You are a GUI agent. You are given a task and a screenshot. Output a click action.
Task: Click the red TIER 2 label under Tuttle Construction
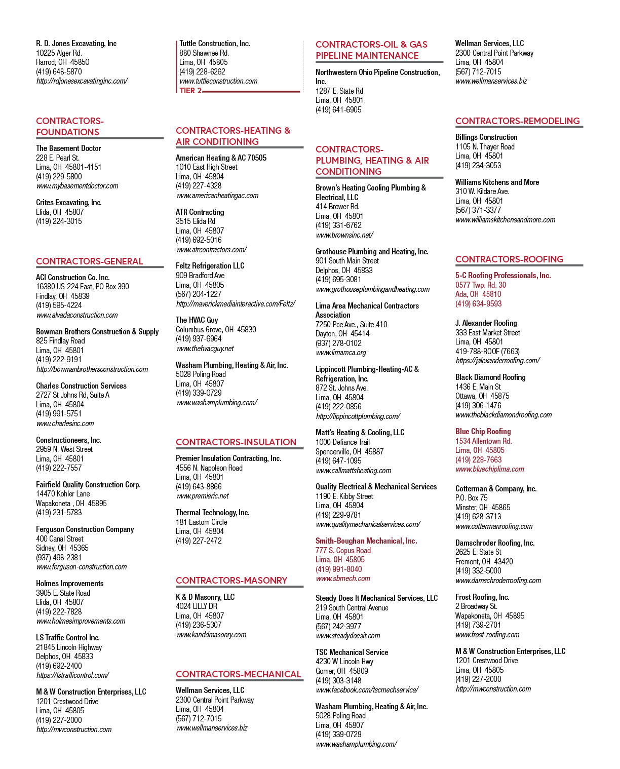[190, 91]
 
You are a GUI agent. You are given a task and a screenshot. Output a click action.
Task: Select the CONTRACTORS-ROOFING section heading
[509, 259]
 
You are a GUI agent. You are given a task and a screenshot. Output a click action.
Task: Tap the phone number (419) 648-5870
[59, 72]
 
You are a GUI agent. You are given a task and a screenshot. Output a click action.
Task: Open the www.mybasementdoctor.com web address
[77, 186]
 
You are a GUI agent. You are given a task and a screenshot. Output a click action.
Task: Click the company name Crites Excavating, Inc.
[68, 203]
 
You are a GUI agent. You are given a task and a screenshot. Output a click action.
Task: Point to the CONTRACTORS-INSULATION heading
[236, 442]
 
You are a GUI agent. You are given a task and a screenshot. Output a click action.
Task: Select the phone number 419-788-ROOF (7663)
[487, 351]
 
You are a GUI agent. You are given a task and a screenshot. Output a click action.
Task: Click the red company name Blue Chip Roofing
[483, 431]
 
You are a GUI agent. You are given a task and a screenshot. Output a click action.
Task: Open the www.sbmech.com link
[343, 579]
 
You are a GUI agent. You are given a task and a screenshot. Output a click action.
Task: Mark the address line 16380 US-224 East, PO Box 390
[82, 287]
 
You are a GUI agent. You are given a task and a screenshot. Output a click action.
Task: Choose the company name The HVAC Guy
[197, 320]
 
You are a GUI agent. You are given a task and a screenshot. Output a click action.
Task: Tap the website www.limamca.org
[341, 353]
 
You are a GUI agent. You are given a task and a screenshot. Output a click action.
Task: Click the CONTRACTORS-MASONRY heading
[231, 581]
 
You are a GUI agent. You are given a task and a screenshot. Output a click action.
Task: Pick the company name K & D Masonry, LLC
[205, 597]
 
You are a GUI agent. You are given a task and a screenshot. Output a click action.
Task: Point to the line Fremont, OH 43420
[484, 561]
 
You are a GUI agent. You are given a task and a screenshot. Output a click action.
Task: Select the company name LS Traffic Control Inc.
[67, 637]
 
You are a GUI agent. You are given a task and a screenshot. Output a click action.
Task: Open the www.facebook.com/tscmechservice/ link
[367, 689]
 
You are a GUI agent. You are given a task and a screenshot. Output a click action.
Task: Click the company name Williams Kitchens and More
[497, 182]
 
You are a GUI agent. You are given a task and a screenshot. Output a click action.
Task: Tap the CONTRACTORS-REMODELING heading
[518, 121]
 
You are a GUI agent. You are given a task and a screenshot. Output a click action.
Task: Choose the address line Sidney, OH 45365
[62, 548]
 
